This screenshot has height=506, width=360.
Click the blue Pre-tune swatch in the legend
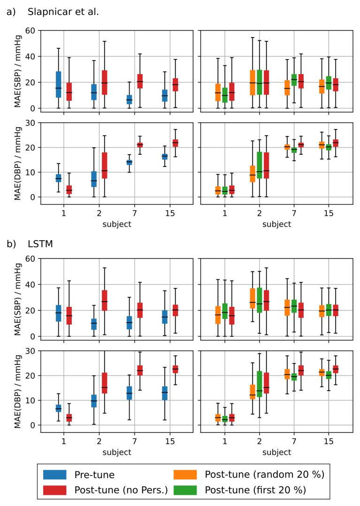54,475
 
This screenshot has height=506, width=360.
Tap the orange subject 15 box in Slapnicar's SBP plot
322,86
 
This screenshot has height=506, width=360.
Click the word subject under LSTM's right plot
276,452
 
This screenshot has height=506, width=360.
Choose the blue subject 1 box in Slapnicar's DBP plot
59,178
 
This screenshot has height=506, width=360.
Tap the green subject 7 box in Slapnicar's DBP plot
294,150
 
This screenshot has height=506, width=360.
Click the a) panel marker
10,12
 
